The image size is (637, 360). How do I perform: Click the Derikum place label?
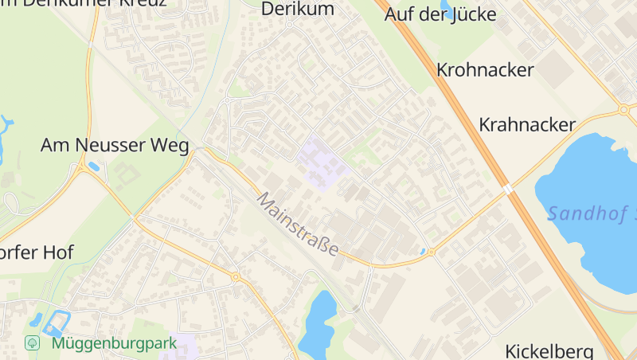click(298, 10)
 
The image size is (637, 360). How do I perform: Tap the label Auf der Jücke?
click(440, 14)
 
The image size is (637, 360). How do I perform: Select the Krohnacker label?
click(485, 70)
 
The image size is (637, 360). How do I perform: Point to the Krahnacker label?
click(527, 125)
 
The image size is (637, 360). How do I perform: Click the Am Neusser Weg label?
click(115, 145)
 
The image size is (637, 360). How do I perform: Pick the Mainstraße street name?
click(298, 223)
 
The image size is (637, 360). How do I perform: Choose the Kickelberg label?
click(549, 350)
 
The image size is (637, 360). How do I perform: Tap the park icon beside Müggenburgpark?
click(33, 343)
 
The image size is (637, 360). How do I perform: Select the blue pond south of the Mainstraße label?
click(318, 323)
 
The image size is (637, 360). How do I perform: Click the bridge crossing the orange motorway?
click(508, 189)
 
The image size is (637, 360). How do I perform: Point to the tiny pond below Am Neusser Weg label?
click(95, 166)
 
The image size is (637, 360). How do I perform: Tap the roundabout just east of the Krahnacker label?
click(623, 110)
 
